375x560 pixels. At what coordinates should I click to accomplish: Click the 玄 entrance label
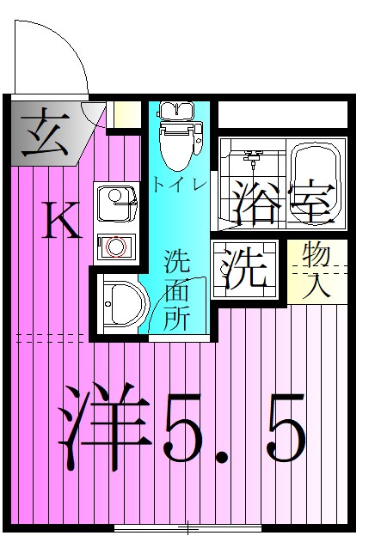(x=41, y=131)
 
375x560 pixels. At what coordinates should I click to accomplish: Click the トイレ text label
(x=179, y=184)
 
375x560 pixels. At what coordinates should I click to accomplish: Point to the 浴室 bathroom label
(x=280, y=199)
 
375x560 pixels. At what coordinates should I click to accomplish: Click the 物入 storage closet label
(x=317, y=271)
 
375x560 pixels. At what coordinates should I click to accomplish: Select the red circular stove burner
(x=115, y=247)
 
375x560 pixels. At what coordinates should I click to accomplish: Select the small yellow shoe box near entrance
(x=127, y=114)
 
